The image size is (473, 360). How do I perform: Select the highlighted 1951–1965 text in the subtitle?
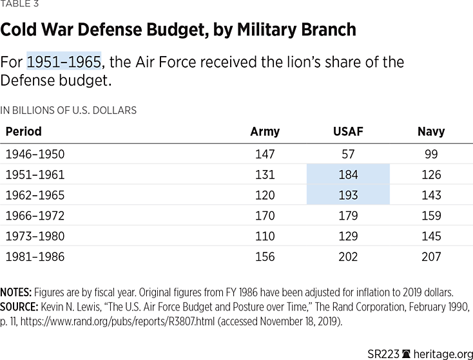point(64,62)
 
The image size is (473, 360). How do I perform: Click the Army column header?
point(265,131)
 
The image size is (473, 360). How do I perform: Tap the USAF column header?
point(348,131)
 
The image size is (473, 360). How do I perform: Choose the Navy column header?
point(431,131)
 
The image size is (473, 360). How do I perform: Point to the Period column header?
point(23,131)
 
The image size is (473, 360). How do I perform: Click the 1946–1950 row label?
point(35,154)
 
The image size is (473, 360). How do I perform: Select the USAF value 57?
point(348,154)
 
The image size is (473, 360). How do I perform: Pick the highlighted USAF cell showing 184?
point(348,175)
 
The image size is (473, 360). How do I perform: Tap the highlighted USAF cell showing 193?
point(348,195)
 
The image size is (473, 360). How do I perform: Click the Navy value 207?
point(431,257)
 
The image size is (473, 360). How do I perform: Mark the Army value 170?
point(265,216)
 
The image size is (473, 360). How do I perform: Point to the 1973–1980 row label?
point(35,236)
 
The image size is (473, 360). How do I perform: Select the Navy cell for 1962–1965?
point(431,195)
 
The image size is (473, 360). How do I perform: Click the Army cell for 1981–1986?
point(265,257)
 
